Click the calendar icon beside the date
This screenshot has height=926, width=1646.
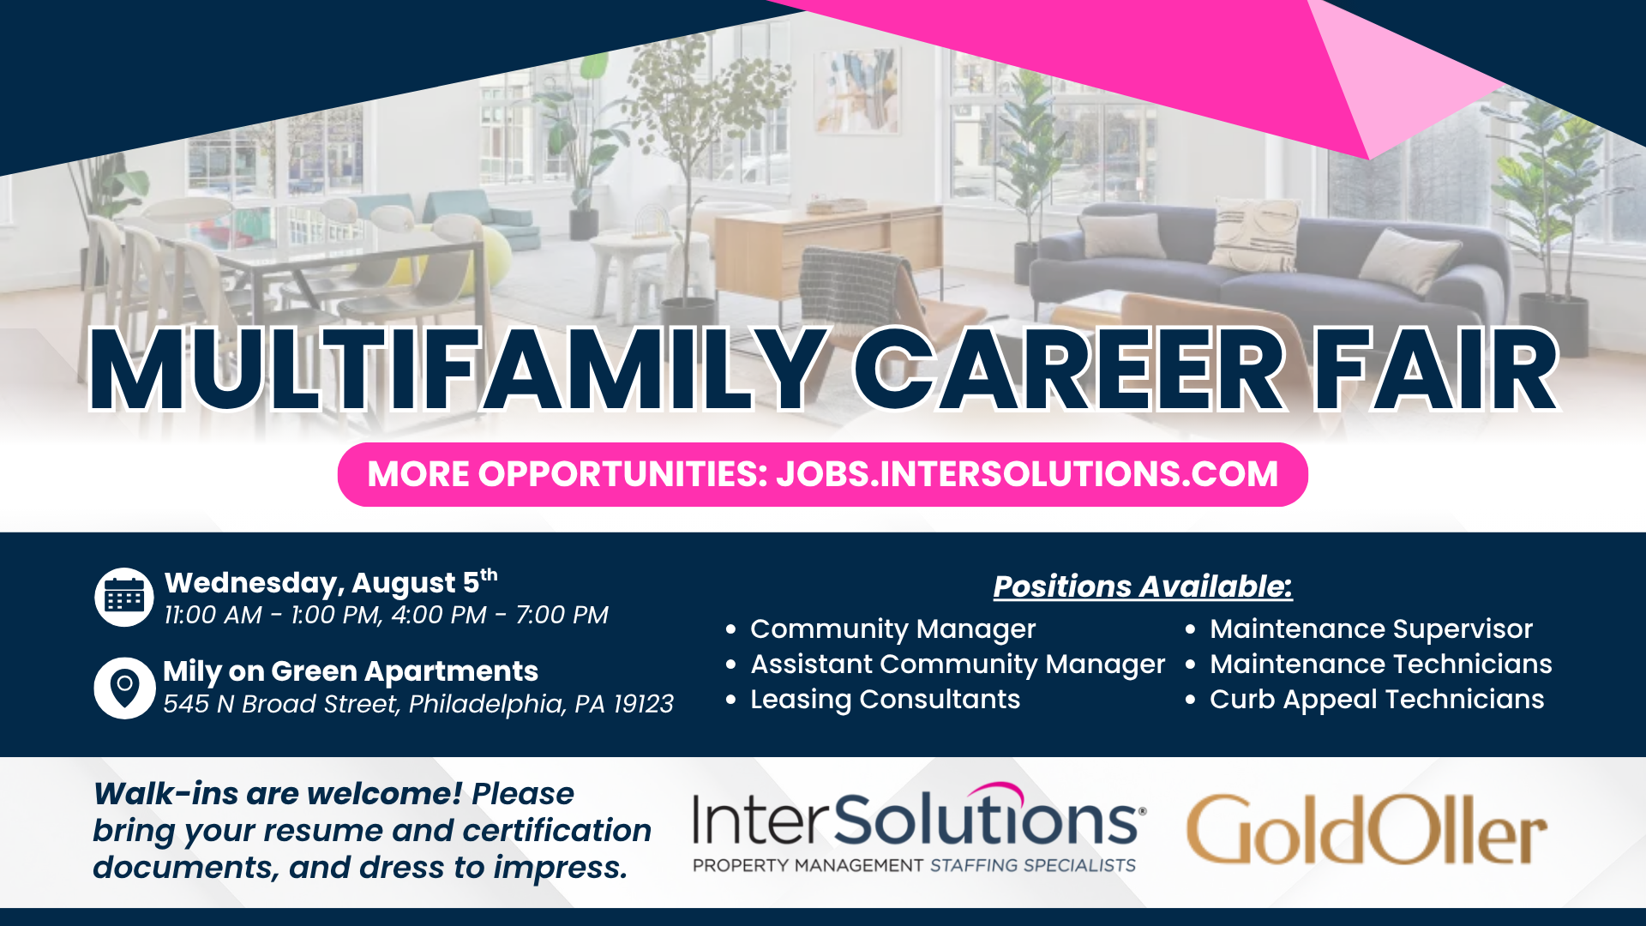pyautogui.click(x=124, y=597)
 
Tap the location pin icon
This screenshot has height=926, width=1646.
pyautogui.click(x=124, y=688)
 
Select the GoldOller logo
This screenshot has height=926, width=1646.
pyautogui.click(x=1367, y=830)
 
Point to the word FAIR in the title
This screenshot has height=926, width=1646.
pyautogui.click(x=1437, y=370)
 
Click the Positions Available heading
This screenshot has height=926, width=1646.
pyautogui.click(x=1143, y=586)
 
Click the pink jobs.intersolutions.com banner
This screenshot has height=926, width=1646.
pyautogui.click(x=823, y=474)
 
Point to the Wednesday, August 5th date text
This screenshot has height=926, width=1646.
pyautogui.click(x=331, y=582)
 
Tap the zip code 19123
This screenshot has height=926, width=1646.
pyautogui.click(x=643, y=704)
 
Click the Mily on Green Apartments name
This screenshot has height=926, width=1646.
pyautogui.click(x=351, y=671)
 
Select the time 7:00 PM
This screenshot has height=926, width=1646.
pyautogui.click(x=562, y=615)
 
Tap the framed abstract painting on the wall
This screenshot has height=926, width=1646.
pyautogui.click(x=857, y=90)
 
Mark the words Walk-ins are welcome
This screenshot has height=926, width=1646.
pyautogui.click(x=278, y=794)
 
